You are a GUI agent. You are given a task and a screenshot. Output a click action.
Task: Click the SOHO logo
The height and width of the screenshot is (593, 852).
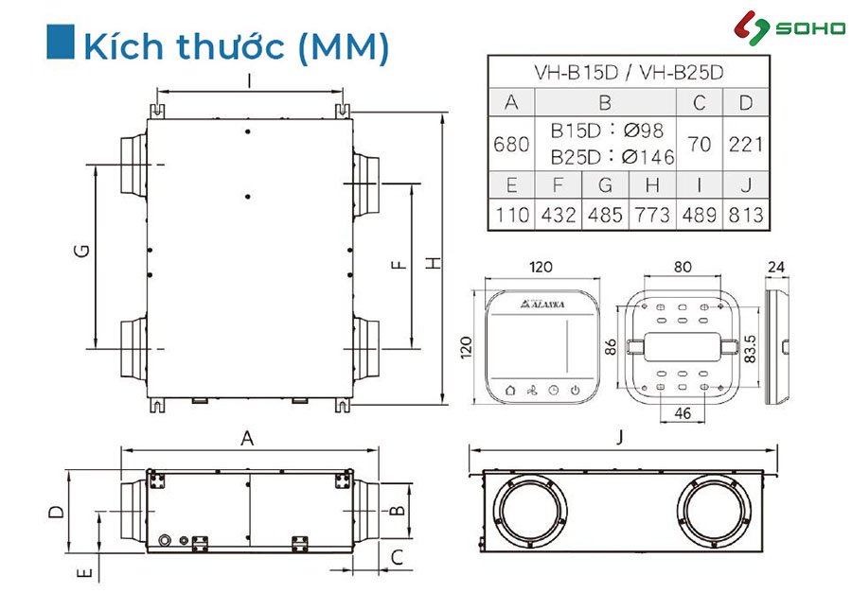pos(789,27)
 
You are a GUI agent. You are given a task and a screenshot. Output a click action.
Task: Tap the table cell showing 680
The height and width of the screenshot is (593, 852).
pos(511,144)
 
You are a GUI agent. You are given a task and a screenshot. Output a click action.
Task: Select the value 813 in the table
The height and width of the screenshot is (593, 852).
pos(746,215)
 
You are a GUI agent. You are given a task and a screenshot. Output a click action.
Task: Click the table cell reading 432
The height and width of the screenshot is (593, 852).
pos(558,215)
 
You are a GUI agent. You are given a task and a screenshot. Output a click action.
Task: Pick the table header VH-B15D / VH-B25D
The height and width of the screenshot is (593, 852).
pos(629,72)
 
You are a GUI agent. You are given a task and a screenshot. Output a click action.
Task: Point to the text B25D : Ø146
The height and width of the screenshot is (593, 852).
pos(612,157)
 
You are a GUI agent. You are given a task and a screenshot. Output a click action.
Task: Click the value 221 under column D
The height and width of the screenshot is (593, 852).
pos(746,145)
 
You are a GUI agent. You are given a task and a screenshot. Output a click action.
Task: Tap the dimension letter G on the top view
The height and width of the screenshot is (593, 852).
pos(81,251)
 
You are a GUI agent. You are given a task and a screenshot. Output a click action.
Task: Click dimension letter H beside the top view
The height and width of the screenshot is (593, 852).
pos(434,263)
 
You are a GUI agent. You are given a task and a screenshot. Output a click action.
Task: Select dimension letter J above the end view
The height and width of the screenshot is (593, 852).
pos(620,437)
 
